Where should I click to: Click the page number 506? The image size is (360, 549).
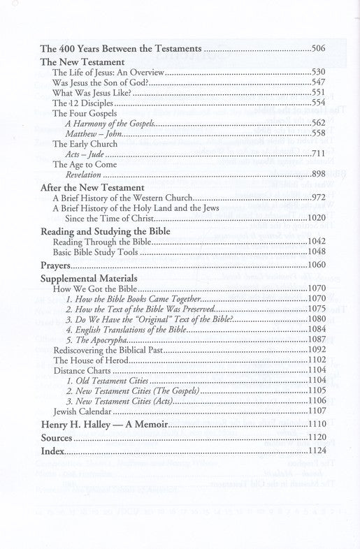click(319, 50)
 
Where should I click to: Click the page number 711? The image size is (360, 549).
click(319, 153)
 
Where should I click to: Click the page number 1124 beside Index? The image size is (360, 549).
click(317, 451)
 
